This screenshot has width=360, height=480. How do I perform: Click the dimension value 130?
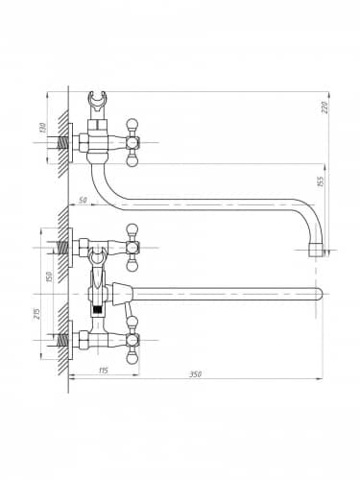[x=44, y=129]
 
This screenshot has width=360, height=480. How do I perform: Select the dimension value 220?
[x=325, y=108]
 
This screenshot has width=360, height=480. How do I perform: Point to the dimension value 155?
[x=322, y=181]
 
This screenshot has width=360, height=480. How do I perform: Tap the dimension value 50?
[x=83, y=201]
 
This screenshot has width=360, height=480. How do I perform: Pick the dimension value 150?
[x=49, y=277]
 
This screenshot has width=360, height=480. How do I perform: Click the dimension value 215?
[x=36, y=314]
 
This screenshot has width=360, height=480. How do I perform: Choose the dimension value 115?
[x=103, y=371]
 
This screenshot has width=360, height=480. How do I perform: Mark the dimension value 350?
[x=196, y=373]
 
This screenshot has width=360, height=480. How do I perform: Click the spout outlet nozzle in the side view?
[x=316, y=251]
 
